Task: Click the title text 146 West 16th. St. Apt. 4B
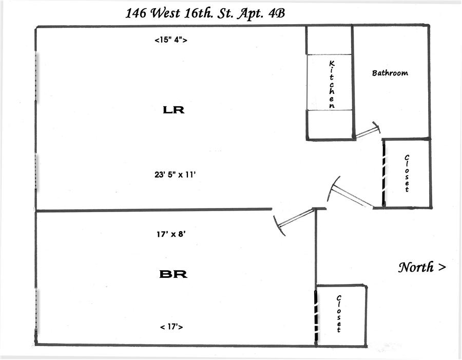tap(205, 13)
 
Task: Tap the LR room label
tap(173, 109)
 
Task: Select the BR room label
tap(173, 274)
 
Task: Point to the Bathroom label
tap(390, 73)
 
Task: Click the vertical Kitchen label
tap(332, 84)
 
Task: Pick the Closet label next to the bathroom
tap(407, 173)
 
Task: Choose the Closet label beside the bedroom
tap(339, 313)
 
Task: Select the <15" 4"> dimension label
tap(170, 40)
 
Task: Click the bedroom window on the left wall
tap(36, 308)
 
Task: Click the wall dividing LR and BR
tap(154, 210)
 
